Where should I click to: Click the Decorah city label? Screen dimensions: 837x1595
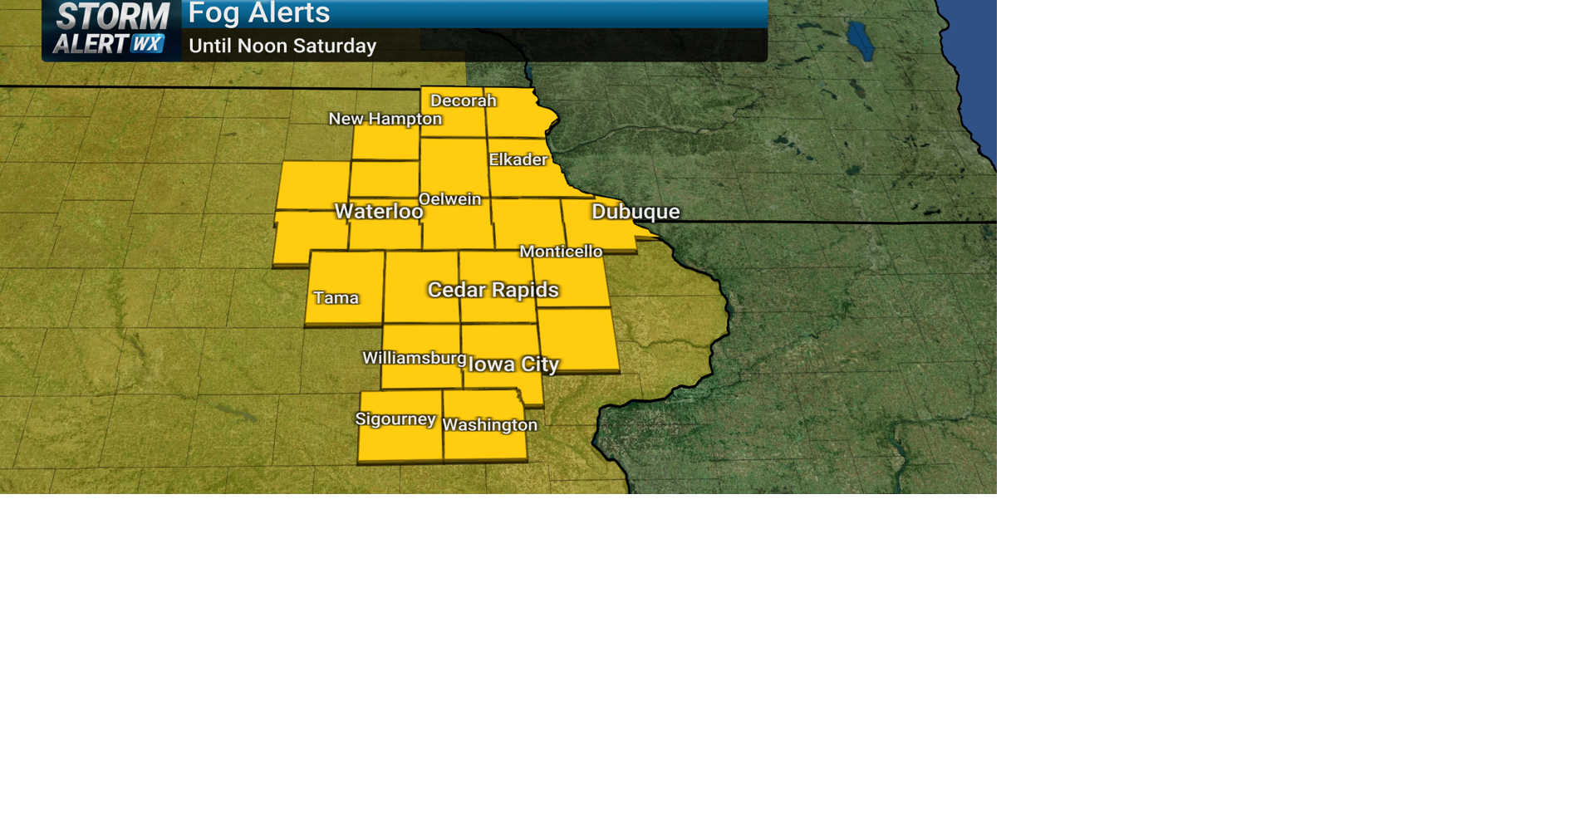coord(463,100)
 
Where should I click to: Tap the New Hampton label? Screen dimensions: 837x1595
coord(385,119)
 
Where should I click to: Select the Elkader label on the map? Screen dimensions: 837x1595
coord(518,159)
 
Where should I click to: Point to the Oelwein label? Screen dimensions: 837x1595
coord(449,199)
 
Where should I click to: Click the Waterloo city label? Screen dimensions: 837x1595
coord(379,212)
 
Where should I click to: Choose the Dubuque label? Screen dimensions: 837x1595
coord(636,212)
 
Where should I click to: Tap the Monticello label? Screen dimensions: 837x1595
coord(561,252)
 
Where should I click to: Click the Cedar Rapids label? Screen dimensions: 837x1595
coord(493,290)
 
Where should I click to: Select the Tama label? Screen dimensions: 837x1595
coord(336,298)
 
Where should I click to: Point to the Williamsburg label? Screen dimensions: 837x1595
coord(414,358)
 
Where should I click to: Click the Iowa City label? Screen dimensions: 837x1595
coord(513,365)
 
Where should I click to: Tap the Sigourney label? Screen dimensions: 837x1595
coord(395,419)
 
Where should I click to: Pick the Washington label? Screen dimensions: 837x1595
coord(489,425)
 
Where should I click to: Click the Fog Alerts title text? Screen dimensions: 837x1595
coord(259,13)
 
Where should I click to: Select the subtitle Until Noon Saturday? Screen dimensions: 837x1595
coord(282,46)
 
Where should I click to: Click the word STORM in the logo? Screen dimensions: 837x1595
coord(113,17)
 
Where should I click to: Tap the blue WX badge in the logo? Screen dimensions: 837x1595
coord(148,44)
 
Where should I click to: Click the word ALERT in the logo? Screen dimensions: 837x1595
coord(91,44)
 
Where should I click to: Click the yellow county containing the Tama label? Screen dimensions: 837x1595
coord(345,274)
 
